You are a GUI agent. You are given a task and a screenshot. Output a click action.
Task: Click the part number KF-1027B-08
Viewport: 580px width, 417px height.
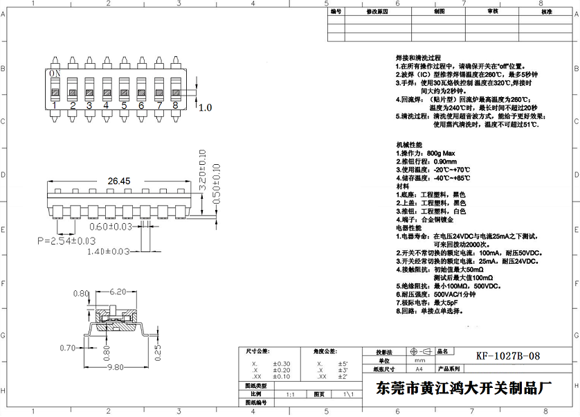click(507, 356)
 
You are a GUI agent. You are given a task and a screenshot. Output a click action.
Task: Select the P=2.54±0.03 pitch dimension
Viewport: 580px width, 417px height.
click(66, 240)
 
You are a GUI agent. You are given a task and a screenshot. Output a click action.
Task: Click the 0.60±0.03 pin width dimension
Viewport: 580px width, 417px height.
click(111, 227)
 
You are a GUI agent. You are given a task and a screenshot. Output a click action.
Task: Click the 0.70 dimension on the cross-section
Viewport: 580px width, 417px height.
click(68, 348)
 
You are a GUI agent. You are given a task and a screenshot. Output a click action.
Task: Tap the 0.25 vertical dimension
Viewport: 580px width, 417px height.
click(156, 352)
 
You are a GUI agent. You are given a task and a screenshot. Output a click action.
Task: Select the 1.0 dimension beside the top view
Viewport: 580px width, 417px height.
click(206, 107)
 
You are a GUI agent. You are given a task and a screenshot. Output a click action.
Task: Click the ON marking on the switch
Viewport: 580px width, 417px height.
click(55, 73)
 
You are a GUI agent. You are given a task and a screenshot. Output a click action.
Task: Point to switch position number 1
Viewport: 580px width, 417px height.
click(55, 105)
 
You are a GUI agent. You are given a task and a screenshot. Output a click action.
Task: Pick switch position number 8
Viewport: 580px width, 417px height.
click(175, 105)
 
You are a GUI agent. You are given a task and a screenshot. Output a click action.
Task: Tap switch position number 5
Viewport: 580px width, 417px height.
click(124, 105)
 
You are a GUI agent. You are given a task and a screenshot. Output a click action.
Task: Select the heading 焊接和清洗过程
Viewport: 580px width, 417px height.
click(418, 58)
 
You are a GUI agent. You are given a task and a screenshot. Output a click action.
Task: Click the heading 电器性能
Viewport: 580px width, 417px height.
click(408, 227)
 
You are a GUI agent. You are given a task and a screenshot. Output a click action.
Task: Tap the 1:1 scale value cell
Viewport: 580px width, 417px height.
click(290, 393)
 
